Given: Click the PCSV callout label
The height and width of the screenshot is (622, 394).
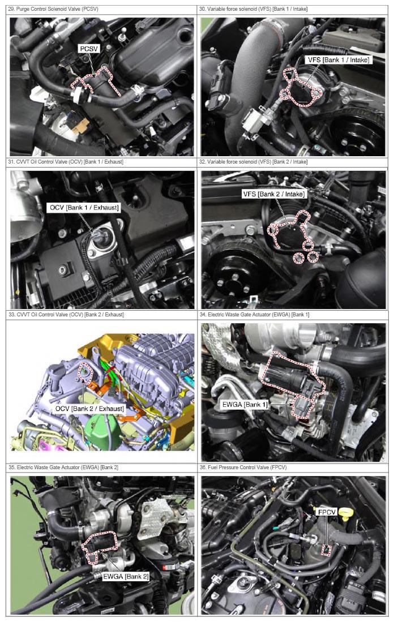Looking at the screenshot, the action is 89,49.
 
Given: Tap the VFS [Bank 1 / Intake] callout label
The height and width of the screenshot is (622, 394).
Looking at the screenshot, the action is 339,60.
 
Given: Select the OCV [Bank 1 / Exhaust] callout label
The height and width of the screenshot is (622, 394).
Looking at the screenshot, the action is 84,208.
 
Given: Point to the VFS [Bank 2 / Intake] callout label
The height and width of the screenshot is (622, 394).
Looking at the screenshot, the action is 274,194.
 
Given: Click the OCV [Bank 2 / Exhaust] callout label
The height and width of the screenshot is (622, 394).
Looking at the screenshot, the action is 89,409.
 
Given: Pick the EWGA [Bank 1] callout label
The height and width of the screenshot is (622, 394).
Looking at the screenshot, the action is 245,405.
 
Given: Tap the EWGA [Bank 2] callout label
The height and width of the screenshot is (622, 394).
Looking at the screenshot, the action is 126,576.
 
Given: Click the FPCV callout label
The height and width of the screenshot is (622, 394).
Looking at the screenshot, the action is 327,512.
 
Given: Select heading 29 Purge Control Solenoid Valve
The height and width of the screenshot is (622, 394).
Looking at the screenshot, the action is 53,8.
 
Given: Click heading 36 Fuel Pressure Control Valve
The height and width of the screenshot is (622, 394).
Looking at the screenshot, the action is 243,467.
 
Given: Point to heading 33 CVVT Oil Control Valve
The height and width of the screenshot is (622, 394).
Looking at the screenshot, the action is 66,315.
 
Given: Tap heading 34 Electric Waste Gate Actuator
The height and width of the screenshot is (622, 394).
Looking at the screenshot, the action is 254,315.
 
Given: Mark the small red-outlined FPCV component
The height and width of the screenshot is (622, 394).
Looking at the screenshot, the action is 326,551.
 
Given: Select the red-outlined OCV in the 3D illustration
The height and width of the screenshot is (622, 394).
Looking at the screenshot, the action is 85,372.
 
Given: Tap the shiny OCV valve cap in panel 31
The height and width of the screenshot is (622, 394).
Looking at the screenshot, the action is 98,237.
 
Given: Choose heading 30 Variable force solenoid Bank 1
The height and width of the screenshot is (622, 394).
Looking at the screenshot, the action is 253,8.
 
